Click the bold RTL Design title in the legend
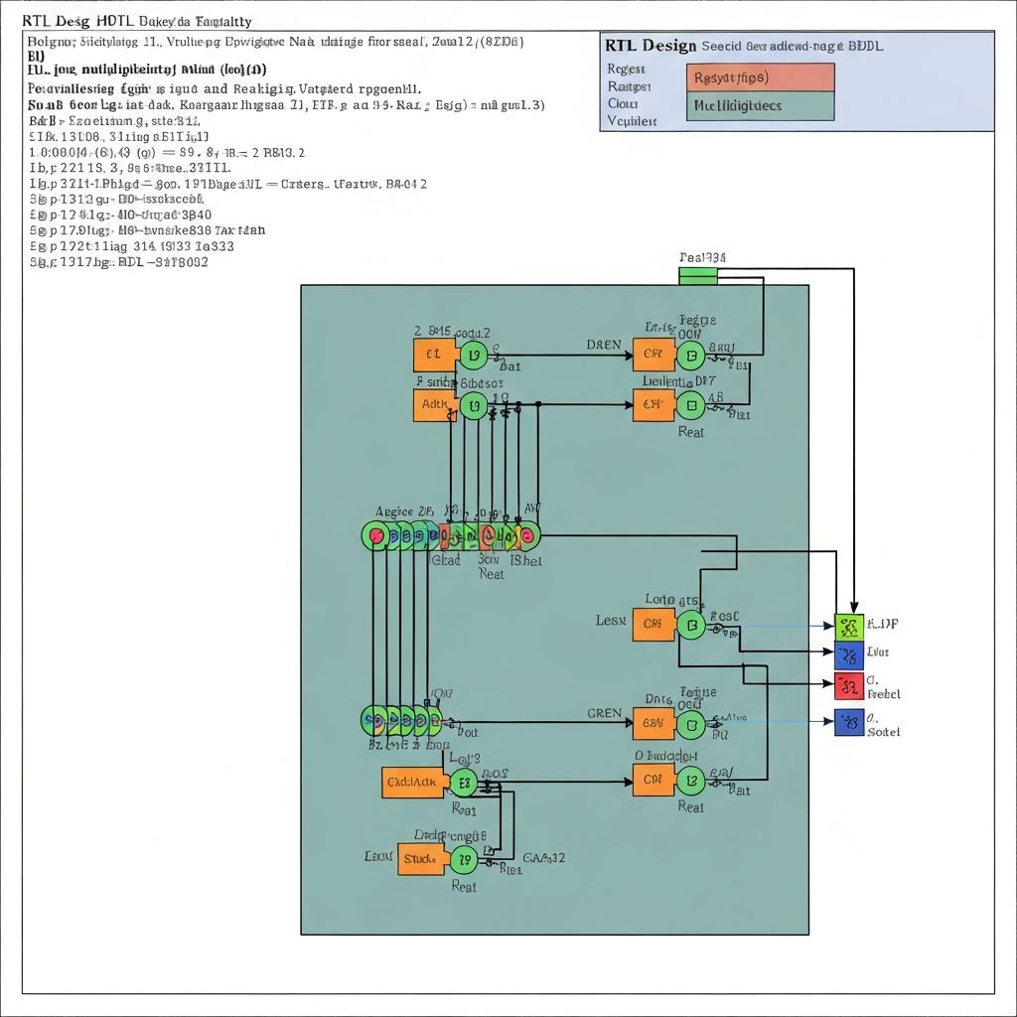coord(650,46)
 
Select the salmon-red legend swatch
coord(760,77)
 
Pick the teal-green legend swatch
coord(760,106)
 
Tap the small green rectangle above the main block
coord(698,274)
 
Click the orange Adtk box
coord(434,405)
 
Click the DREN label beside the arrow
coord(604,346)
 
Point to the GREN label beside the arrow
coord(605,713)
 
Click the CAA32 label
coord(543,857)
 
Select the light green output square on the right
coord(848,626)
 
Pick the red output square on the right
coord(848,684)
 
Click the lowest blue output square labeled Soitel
coord(848,722)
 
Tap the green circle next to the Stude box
coord(464,860)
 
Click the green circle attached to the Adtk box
coord(473,405)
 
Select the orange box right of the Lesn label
coord(653,624)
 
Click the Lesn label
coord(611,621)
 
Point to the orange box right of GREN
coord(653,723)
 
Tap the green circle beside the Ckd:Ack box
coord(463,783)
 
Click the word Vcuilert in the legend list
coord(632,121)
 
